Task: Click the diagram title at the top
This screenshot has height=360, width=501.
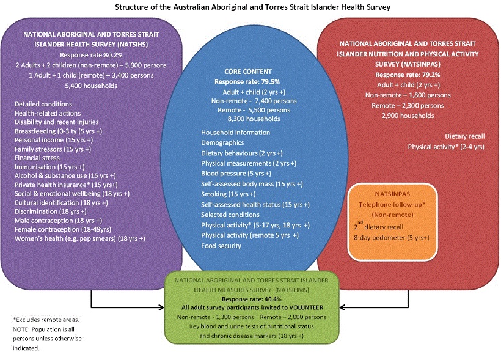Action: click(250, 7)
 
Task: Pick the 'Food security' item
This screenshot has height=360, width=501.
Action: click(221, 246)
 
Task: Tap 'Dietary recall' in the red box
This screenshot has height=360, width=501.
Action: click(466, 136)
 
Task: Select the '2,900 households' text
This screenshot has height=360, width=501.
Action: click(408, 115)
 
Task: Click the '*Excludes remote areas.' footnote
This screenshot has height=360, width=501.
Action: click(45, 320)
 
